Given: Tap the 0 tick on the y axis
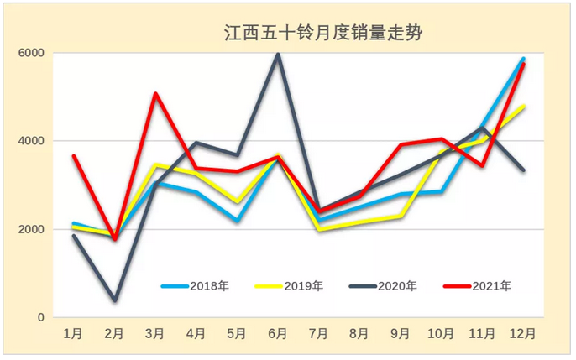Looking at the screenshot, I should point(39,317).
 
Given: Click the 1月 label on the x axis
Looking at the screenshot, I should point(74,334).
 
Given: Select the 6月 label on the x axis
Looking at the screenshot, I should point(278,334).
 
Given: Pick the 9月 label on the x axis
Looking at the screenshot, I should point(401,334).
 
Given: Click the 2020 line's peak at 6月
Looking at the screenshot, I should point(278,55).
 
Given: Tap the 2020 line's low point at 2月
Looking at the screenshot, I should point(114,300).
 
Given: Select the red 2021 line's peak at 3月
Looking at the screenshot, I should point(155,93).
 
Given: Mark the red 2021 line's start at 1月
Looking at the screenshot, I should point(74,156).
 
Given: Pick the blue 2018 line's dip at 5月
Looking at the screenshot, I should point(237,221).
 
